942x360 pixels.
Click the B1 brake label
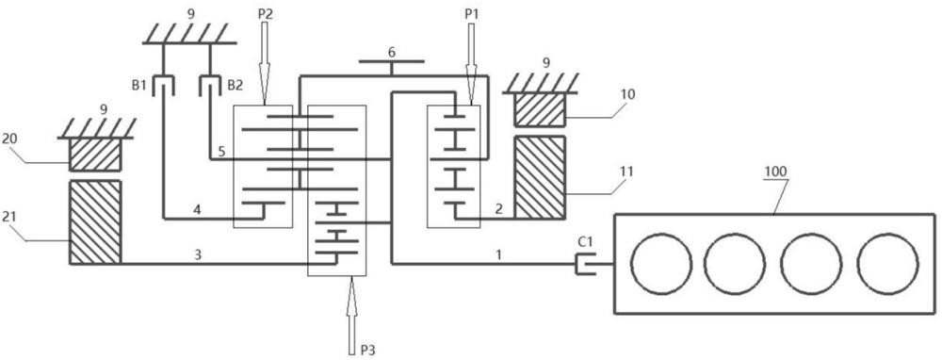(x=139, y=86)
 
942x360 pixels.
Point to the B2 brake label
(x=235, y=86)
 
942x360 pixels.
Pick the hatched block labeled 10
(x=540, y=110)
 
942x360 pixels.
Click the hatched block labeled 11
(x=540, y=177)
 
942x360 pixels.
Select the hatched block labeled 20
(x=95, y=155)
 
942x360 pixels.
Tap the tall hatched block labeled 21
(x=95, y=222)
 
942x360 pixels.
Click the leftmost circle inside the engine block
(x=661, y=264)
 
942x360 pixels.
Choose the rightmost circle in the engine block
(x=888, y=264)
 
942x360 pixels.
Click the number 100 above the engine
(x=775, y=172)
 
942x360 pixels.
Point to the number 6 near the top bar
(x=392, y=52)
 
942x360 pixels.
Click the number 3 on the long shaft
(x=198, y=254)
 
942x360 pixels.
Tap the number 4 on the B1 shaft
(x=197, y=210)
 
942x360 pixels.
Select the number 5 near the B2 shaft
(x=221, y=152)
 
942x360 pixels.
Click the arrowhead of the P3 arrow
(x=351, y=287)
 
